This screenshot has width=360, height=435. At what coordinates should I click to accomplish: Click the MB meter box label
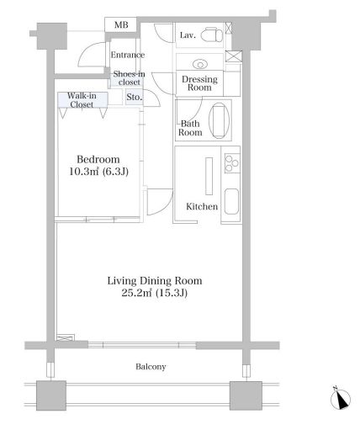click(121, 25)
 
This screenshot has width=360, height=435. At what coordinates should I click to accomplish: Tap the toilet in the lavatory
click(214, 34)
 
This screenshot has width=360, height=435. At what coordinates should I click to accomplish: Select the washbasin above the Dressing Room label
click(200, 64)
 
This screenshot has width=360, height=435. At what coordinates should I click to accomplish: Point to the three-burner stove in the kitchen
click(232, 163)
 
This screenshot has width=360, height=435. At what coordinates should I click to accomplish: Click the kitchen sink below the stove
click(232, 201)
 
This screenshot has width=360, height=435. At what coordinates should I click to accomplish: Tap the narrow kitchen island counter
click(209, 176)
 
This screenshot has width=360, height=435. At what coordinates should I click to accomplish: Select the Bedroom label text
click(98, 159)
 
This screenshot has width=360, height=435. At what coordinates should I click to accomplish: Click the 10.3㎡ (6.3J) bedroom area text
click(98, 172)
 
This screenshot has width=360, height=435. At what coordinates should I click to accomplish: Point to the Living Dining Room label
click(155, 281)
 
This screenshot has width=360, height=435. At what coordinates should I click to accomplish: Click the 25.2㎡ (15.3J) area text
click(155, 293)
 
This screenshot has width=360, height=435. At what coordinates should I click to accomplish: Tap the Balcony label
click(151, 367)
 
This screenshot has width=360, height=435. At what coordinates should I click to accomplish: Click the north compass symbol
click(341, 399)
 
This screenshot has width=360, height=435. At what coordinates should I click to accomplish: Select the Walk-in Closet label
click(82, 100)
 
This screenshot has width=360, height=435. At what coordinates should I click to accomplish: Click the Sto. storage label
click(135, 97)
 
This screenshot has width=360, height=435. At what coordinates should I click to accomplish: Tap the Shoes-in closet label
click(129, 78)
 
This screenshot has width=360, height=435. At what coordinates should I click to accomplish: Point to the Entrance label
click(128, 55)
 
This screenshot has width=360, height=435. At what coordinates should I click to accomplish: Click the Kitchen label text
click(202, 207)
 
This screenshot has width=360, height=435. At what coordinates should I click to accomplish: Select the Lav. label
click(188, 35)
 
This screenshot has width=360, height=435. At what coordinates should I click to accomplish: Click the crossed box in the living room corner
click(66, 337)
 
